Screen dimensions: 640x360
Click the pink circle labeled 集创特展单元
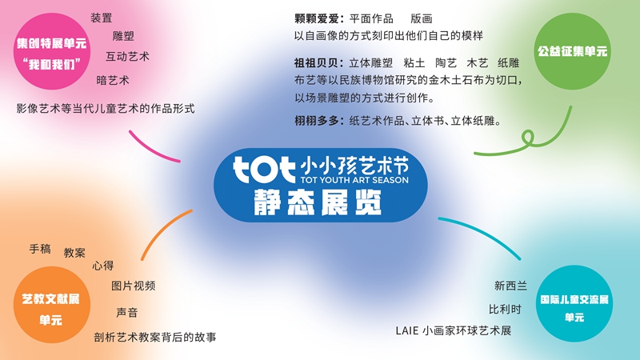tap(52, 51)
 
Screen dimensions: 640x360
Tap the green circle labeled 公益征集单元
tap(572, 51)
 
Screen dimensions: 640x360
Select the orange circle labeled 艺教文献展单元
tap(52, 305)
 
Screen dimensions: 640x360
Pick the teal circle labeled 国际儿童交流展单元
tap(574, 304)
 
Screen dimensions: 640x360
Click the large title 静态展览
tap(318, 202)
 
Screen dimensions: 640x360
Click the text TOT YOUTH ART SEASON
tap(354, 180)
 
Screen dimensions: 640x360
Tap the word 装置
tap(102, 18)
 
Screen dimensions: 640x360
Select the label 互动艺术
tap(127, 56)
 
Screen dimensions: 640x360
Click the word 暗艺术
tap(113, 80)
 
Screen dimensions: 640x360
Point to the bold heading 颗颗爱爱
tap(316, 18)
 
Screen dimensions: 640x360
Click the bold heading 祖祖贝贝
tap(316, 63)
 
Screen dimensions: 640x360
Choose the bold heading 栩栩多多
tap(316, 121)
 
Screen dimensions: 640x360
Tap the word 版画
tap(422, 18)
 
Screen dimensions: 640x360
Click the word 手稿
tap(40, 249)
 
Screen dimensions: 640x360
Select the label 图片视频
tap(133, 286)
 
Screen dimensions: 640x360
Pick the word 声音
tap(127, 313)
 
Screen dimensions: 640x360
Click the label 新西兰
tap(510, 286)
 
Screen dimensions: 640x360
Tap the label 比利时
tap(506, 310)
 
